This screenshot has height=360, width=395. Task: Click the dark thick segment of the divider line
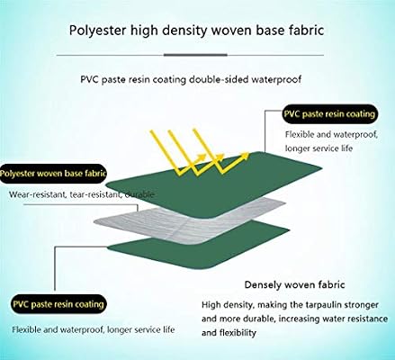[195, 55]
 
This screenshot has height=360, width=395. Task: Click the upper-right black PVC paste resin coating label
[329, 114]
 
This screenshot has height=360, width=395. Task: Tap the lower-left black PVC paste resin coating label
[58, 304]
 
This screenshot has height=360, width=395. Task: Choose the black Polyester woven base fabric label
[53, 174]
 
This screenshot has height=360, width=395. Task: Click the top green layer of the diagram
[214, 183]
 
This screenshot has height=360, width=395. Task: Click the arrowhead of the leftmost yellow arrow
[202, 157]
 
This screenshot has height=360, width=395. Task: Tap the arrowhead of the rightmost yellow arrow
[245, 156]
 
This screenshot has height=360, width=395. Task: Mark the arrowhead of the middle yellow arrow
[220, 157]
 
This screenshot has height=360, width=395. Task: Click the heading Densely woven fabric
[294, 284]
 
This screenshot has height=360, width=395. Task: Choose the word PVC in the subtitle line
[90, 79]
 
